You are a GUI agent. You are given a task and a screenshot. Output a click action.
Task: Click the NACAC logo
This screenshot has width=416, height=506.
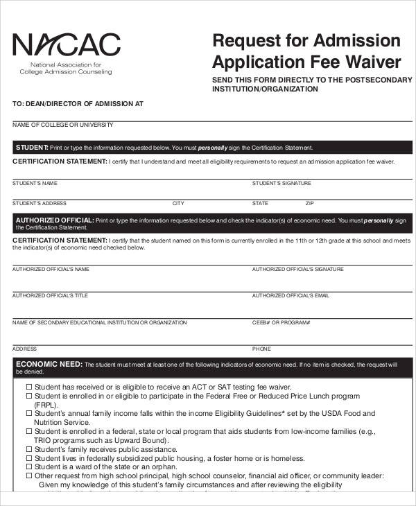(67, 46)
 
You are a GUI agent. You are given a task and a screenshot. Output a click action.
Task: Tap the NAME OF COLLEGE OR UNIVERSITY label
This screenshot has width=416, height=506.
(62, 125)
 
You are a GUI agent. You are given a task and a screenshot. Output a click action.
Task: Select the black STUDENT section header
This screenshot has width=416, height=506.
(208, 148)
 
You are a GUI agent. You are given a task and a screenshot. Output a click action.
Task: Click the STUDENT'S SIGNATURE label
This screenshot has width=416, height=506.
(281, 184)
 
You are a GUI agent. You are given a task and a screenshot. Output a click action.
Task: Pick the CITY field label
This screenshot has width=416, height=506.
(178, 204)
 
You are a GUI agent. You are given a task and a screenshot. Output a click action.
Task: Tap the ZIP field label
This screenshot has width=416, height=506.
(310, 204)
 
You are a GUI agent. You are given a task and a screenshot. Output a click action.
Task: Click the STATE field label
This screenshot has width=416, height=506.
(260, 204)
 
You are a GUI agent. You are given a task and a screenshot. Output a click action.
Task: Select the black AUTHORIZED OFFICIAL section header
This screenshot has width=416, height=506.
(208, 223)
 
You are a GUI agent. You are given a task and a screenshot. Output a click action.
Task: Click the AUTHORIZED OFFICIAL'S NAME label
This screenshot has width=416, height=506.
(51, 269)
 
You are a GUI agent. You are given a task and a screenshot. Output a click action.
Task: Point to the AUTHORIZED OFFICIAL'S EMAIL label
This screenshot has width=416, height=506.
(291, 295)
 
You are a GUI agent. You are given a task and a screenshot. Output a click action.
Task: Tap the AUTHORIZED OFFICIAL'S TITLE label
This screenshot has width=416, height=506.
(50, 295)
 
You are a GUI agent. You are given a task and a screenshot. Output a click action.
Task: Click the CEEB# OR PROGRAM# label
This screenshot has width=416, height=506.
(281, 322)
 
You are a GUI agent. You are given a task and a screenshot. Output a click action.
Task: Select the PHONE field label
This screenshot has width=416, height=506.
(261, 349)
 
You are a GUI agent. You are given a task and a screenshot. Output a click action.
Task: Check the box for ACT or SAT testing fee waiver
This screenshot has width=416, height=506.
(29, 387)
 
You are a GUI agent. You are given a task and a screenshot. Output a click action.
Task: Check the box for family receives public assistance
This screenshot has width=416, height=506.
(29, 449)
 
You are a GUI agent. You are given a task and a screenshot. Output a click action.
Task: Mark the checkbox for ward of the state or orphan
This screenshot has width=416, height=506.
(29, 467)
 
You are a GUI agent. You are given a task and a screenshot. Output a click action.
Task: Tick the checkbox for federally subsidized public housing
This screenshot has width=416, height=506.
(29, 458)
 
